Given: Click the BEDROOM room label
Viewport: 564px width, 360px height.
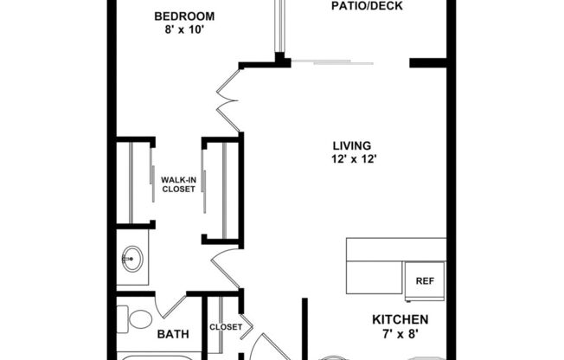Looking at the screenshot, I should coord(184,16).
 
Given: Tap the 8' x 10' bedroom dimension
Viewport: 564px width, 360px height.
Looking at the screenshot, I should coord(184,30).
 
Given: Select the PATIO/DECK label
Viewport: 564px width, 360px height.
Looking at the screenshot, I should coord(367,6).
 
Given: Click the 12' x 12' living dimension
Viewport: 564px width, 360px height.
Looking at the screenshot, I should coord(352,158).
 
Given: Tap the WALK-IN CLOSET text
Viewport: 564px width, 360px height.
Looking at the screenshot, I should coord(178,184).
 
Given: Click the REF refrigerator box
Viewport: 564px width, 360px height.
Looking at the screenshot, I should coord(424,281).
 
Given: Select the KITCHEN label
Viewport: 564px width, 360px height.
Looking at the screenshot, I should coord(400,319).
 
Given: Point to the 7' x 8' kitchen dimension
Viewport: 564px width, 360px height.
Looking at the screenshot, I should coord(400,333).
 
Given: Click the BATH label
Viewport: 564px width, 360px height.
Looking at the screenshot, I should coord(172,333).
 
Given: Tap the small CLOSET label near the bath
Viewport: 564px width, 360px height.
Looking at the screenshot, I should coord(224,327).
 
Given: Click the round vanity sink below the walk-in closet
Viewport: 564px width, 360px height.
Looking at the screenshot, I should coord(131,258).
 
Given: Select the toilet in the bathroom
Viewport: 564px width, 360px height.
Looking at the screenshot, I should coord(136,321).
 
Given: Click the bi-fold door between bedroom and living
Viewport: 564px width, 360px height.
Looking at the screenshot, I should coord(227,95).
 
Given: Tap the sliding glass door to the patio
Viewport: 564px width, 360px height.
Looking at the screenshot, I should coord(333,61).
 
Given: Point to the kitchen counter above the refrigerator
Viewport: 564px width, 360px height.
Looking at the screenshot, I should coord(396,249).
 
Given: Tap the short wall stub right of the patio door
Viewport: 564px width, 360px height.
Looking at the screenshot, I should coord(427,62).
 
